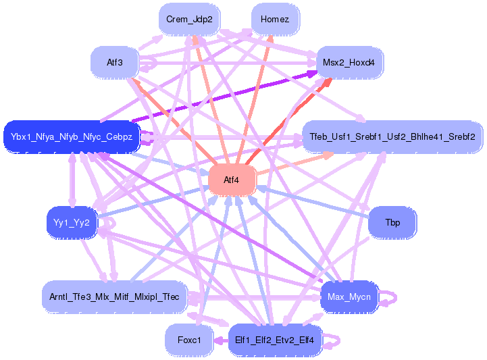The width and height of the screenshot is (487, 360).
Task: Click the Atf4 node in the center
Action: pos(232,180)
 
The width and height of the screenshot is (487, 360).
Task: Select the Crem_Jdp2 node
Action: pos(189,20)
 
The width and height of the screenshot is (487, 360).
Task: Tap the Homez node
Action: pos(275,20)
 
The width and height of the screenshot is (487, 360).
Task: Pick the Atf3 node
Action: pos(115,62)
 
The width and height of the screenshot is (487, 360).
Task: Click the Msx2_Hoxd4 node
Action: pos(349,62)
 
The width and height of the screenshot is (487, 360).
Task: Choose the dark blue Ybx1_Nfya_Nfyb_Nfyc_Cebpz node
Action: pos(72,137)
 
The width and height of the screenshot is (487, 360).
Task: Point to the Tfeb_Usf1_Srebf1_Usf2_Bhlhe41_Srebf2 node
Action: pos(392,137)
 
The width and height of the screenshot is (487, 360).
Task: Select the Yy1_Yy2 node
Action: pos(72,223)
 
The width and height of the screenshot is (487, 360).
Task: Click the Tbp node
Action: pos(392,223)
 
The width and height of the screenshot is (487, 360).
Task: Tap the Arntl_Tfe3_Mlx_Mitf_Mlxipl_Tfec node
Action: pos(114,297)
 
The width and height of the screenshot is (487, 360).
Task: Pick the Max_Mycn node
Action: pos(349,297)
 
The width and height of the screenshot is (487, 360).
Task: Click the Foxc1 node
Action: pos(189,340)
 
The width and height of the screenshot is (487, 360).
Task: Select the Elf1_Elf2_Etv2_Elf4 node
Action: pos(275,340)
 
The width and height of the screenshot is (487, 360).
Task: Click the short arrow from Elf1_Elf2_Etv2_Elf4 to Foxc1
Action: pos(221,340)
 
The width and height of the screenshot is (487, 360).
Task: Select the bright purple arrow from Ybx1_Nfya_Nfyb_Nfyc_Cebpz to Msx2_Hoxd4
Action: pos(224,97)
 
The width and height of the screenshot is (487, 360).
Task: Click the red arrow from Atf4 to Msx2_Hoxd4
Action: pos(289,121)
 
